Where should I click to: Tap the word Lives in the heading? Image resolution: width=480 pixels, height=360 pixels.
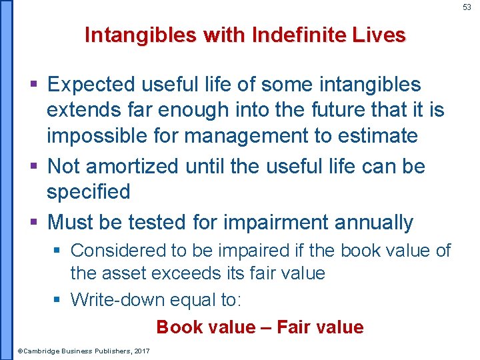pyautogui.click(x=379, y=35)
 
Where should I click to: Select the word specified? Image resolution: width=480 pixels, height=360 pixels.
pyautogui.click(x=87, y=191)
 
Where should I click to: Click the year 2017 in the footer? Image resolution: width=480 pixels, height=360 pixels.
pyautogui.click(x=141, y=351)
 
